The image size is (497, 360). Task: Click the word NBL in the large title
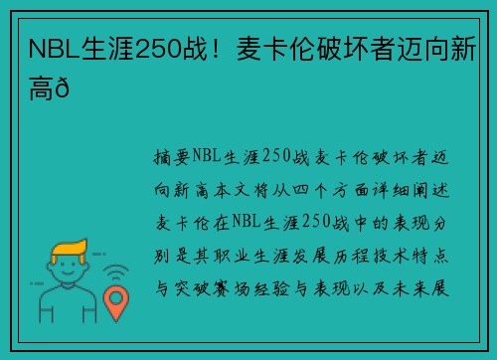coord(55,48)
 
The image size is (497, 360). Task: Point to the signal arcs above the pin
coord(118,270)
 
